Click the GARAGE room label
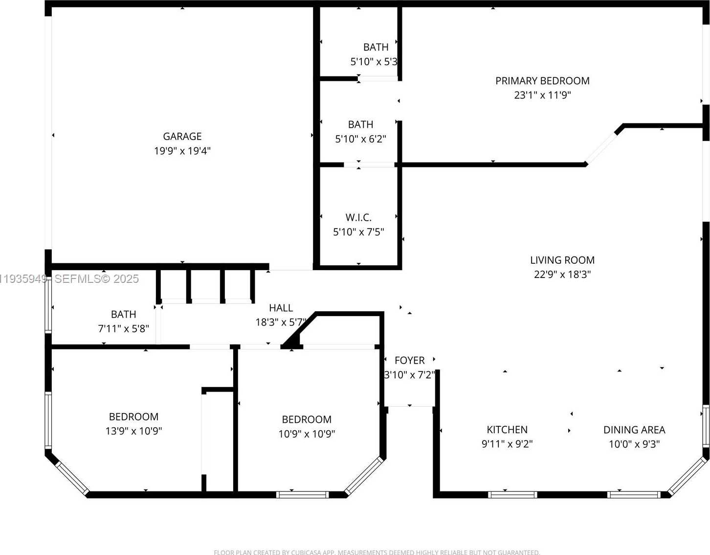182,137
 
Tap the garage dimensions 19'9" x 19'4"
182,151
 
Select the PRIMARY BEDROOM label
542,81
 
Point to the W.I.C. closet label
358,218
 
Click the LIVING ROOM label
562,260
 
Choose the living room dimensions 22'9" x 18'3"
562,275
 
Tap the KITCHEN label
507,430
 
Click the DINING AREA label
634,430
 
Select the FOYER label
409,361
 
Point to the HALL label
281,308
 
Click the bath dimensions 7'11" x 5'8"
123,328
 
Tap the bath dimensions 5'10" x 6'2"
360,139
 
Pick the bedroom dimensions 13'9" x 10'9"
133,431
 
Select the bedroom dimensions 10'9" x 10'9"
307,434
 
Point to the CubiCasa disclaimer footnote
377,552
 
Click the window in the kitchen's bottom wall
513,495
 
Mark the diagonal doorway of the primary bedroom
601,147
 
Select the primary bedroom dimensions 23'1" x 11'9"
542,95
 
